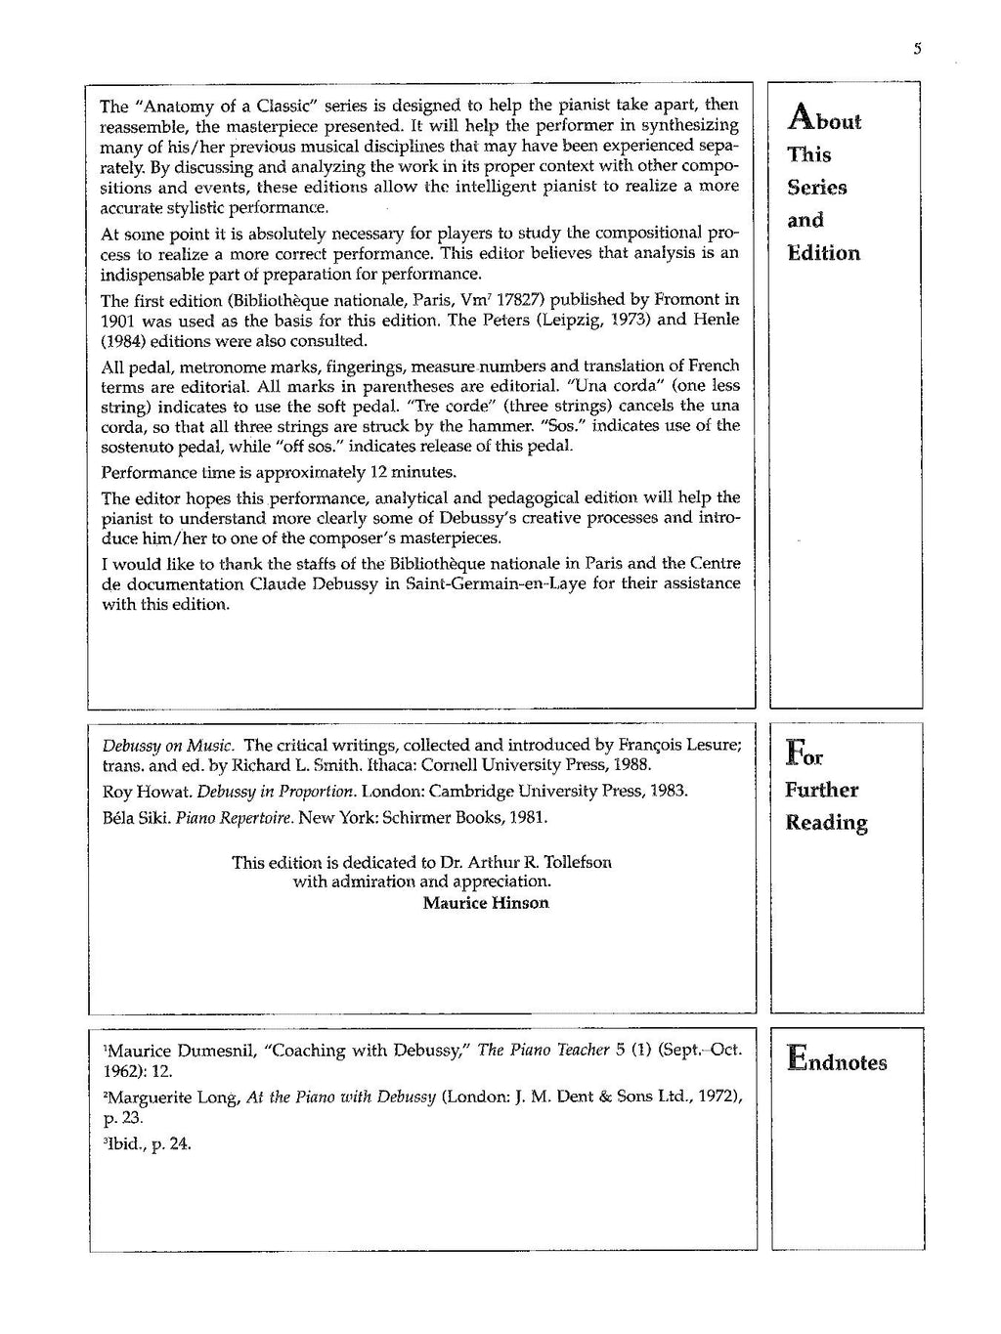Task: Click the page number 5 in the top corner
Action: coord(918,49)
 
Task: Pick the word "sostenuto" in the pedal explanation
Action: coord(137,447)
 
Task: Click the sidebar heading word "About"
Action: coord(823,120)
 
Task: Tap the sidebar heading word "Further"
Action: coord(821,791)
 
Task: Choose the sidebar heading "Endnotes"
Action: coord(837,1062)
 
